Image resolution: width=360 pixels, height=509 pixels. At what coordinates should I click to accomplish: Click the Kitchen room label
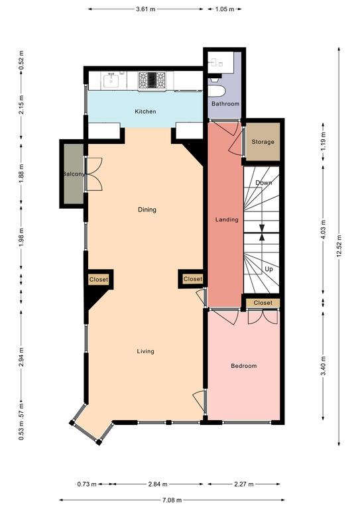tap(145, 111)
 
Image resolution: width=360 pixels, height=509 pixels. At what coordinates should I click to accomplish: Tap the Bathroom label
tap(225, 104)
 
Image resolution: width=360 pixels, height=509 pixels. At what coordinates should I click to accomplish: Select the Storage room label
tap(263, 142)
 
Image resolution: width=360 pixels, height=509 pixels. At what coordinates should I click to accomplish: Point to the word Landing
tap(227, 220)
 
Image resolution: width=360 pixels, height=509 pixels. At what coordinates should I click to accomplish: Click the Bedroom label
tap(244, 366)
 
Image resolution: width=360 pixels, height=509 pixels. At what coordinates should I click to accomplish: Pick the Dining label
tap(147, 209)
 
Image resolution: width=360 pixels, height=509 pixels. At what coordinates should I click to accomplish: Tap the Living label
tap(145, 351)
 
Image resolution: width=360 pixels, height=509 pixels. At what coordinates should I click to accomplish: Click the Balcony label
tap(74, 174)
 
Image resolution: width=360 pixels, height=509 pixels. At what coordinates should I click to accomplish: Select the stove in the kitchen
tap(152, 80)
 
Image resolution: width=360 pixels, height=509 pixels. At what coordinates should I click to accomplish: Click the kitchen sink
tap(112, 81)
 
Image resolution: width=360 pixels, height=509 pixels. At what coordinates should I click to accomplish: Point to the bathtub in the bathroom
tap(216, 91)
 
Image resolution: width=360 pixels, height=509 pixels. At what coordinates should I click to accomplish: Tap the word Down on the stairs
tap(264, 183)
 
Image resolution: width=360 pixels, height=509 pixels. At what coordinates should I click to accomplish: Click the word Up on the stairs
tap(269, 269)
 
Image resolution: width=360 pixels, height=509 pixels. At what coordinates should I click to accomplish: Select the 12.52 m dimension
tap(339, 245)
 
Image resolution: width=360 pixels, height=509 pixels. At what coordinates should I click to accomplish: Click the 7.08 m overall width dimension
tap(172, 500)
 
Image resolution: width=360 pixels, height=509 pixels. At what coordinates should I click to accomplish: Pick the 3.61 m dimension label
tap(146, 9)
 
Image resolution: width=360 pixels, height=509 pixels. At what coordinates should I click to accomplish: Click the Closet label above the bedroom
tap(263, 303)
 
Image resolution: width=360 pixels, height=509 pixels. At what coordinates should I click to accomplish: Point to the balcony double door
tap(94, 174)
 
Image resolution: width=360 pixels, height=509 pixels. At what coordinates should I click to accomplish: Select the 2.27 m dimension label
tap(243, 484)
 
